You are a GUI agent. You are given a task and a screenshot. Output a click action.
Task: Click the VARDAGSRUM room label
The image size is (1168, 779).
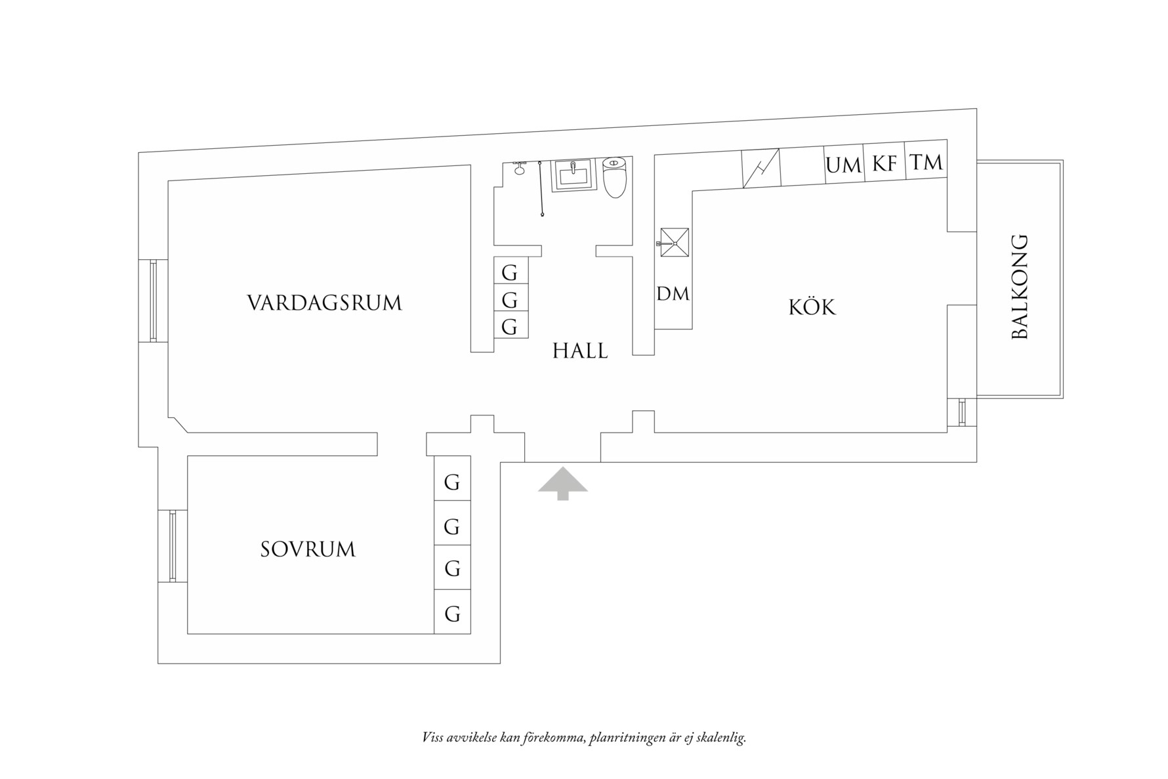point(324,303)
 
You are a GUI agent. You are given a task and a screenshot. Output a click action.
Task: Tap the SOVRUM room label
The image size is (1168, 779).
point(308,549)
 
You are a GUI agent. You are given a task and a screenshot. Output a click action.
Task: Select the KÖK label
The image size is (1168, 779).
point(812,307)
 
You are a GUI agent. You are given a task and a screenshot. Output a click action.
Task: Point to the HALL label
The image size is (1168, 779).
point(580,351)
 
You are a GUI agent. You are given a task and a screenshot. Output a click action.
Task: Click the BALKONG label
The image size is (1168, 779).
point(1020,287)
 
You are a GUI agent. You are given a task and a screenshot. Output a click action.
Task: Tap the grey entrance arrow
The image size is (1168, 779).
point(562,484)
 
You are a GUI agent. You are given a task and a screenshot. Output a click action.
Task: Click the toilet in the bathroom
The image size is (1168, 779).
point(615,177)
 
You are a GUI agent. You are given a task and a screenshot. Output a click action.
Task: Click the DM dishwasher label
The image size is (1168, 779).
point(673,294)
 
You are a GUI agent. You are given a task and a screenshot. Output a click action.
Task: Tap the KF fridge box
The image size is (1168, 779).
point(884,162)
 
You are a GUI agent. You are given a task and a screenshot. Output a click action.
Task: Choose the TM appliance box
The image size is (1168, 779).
point(926,161)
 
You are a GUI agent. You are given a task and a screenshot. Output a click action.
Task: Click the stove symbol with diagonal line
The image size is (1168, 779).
point(761,169)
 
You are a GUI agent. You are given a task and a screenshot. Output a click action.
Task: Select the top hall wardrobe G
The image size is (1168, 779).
point(510,272)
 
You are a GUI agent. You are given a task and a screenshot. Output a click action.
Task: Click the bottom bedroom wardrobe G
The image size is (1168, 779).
point(452,614)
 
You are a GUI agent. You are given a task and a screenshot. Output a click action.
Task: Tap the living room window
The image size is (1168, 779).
point(153,301)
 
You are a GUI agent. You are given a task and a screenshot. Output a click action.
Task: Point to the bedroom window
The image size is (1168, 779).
point(173,546)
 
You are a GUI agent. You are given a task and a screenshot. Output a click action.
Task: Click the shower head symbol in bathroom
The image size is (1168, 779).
point(520,167)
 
